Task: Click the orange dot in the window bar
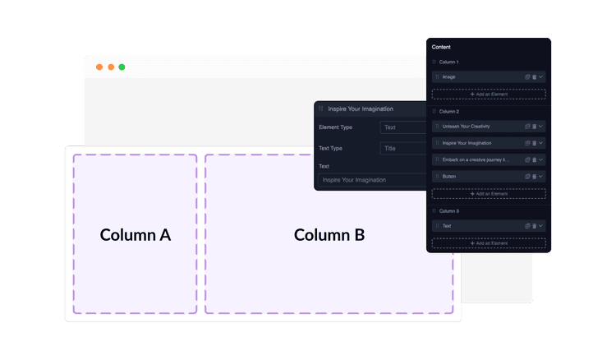click(99, 67)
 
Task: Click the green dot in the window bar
click(122, 67)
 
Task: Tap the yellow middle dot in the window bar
click(111, 67)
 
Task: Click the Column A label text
click(136, 234)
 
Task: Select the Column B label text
click(329, 234)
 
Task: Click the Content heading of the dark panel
click(441, 47)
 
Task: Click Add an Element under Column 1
click(489, 95)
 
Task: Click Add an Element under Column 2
click(489, 194)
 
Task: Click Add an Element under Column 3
click(489, 243)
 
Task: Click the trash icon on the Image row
click(534, 76)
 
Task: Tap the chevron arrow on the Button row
click(541, 176)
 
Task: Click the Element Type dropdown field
click(402, 127)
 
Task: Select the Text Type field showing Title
click(402, 149)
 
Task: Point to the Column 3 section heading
click(449, 211)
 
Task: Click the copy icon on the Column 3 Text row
click(527, 226)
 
